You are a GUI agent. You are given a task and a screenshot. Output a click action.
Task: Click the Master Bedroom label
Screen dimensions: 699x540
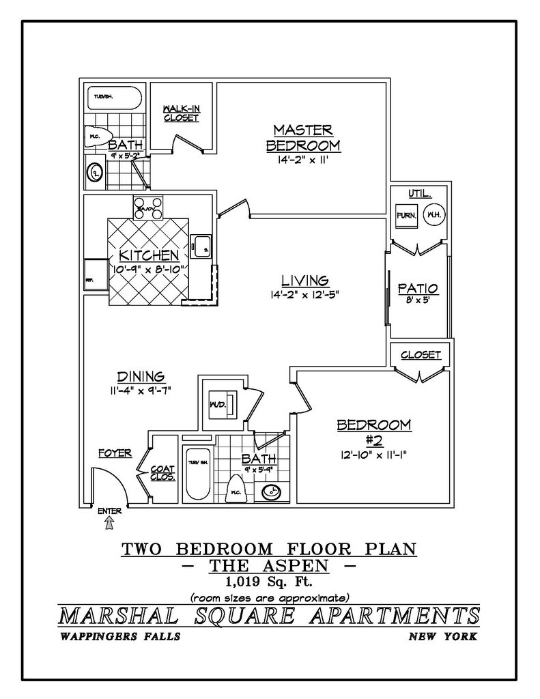coord(302,137)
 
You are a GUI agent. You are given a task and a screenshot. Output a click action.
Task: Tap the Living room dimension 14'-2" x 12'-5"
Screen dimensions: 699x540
coord(305,295)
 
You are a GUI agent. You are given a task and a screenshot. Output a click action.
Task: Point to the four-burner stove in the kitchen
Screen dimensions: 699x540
coord(148,208)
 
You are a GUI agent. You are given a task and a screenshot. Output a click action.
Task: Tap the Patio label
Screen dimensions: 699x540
coord(418,288)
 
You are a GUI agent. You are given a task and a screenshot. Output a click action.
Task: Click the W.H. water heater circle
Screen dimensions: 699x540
coord(432,214)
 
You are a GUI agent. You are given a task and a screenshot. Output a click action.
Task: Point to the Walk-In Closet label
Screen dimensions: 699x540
coord(181,113)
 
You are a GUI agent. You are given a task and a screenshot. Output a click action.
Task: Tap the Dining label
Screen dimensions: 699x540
coord(141,376)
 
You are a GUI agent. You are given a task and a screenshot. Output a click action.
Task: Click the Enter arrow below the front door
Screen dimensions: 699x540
coord(109,523)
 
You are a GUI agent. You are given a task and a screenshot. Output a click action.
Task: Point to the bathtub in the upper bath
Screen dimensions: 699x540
coord(113,98)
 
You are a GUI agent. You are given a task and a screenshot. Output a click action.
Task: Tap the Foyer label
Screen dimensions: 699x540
coord(114,453)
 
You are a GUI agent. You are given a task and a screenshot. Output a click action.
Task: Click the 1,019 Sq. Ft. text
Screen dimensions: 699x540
coord(269,582)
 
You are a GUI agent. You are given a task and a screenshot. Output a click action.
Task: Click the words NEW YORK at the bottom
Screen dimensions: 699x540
coord(442,637)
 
